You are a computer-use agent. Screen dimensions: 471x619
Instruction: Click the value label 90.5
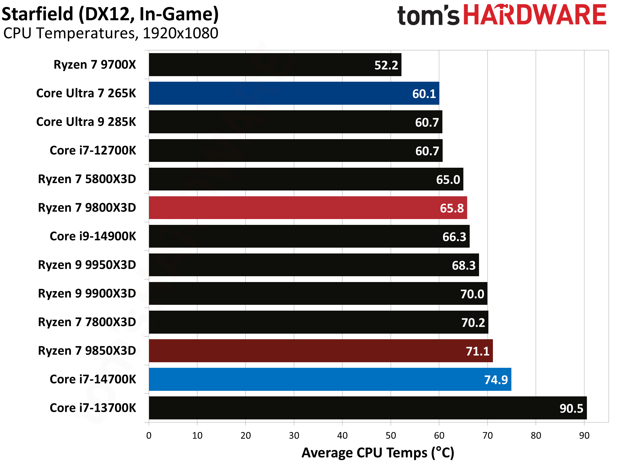571,409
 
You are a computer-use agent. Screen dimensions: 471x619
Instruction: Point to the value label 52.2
386,65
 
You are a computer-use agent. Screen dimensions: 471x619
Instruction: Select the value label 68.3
464,266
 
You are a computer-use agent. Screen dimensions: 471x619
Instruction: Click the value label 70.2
473,323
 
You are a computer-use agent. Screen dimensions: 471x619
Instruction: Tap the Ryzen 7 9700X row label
95,65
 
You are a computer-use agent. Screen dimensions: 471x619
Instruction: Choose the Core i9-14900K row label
93,236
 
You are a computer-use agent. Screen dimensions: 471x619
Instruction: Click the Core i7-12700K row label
93,151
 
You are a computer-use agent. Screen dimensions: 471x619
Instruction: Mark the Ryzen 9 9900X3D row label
87,293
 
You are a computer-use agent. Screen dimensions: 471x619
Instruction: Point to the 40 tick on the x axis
342,435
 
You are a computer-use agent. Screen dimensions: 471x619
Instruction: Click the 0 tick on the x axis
149,435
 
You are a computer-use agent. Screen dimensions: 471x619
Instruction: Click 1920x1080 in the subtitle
180,33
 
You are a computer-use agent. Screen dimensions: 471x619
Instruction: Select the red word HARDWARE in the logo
535,15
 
